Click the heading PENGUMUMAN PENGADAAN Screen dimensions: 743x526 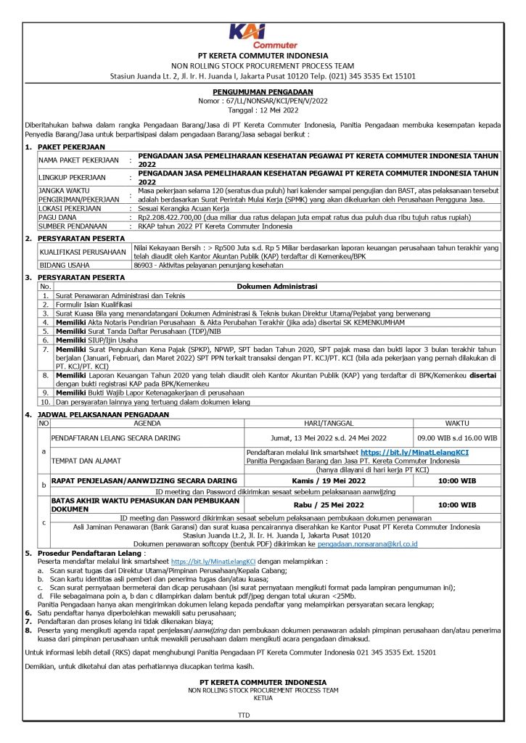click(263, 92)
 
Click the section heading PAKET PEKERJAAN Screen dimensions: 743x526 click(69, 147)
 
